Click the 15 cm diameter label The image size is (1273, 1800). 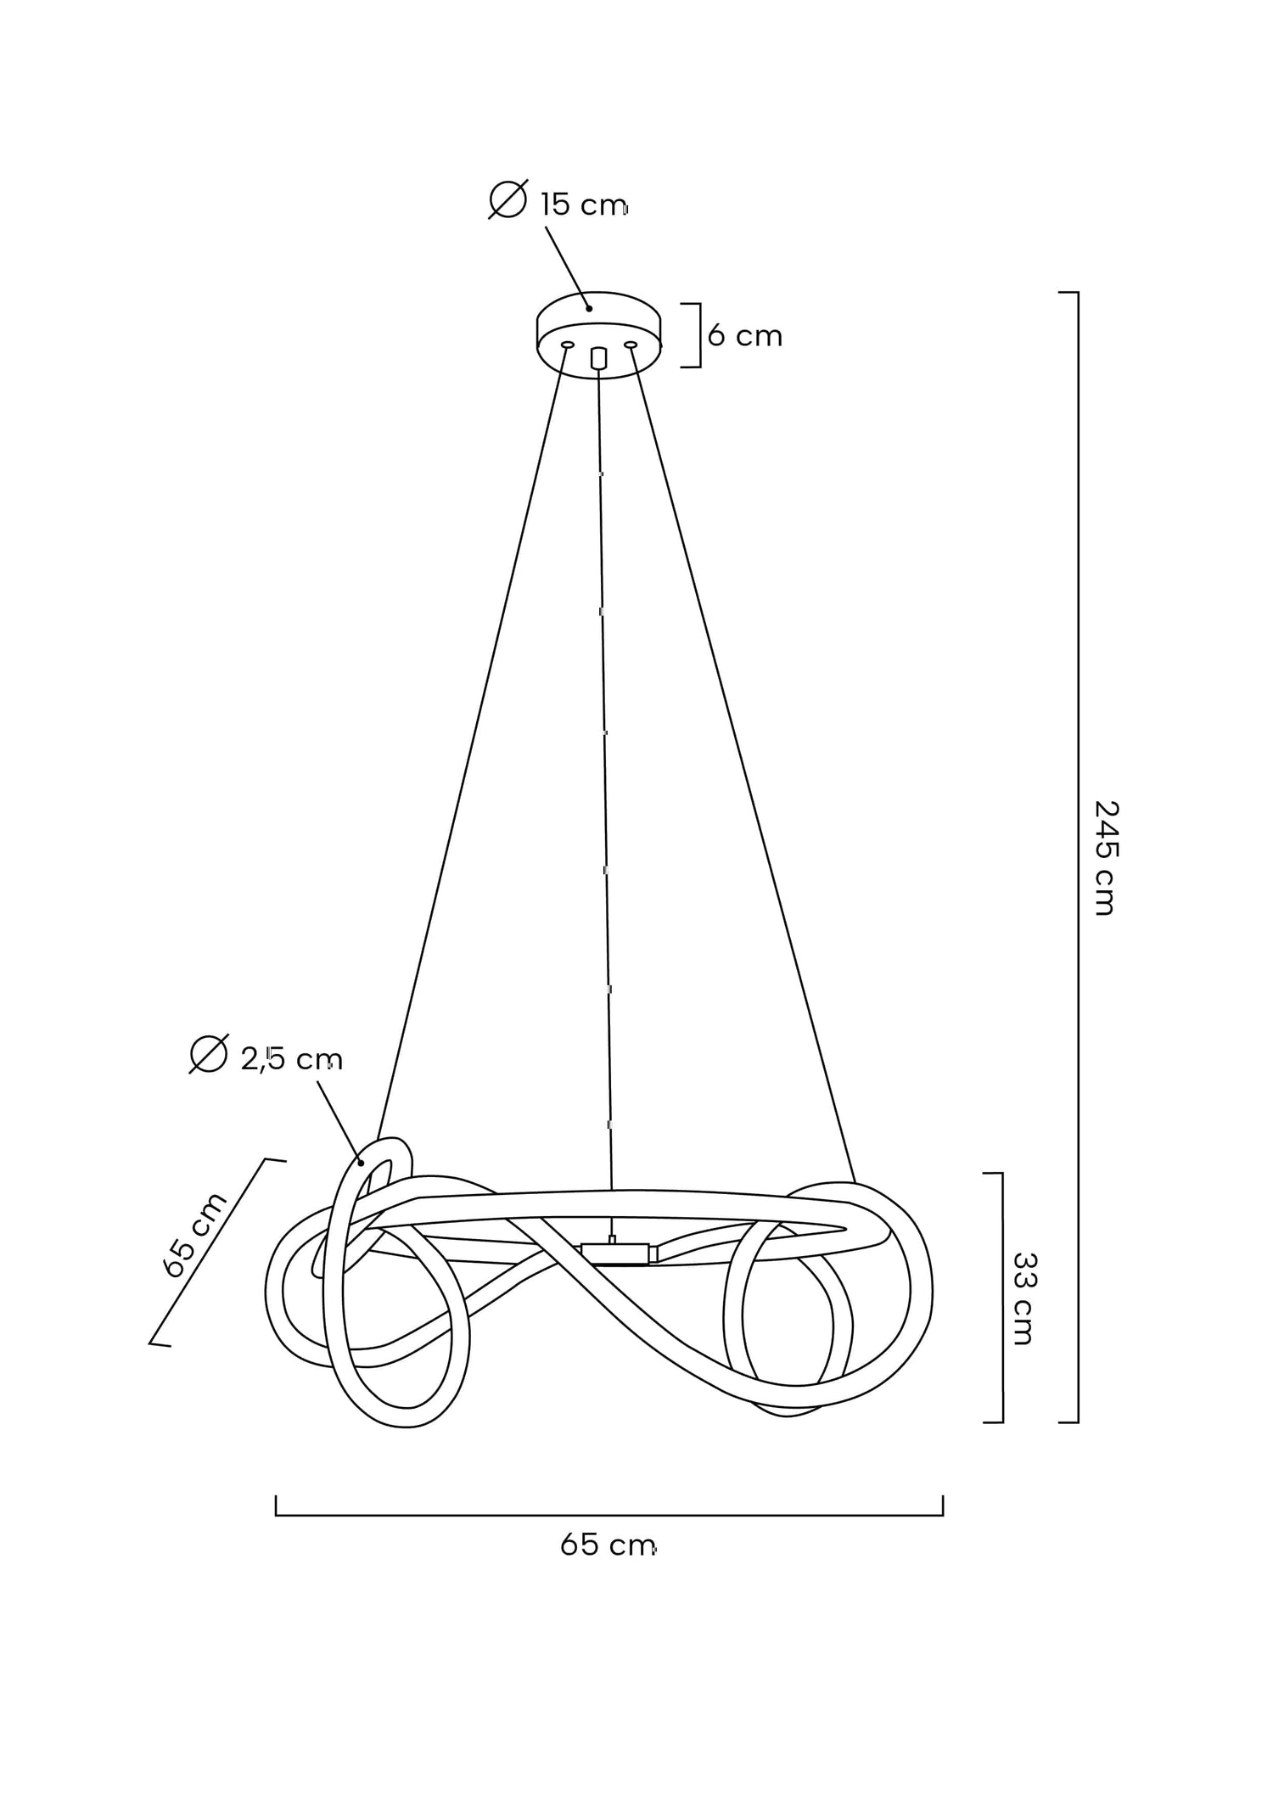584,205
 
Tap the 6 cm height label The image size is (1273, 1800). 744,336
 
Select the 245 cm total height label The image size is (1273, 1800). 1105,857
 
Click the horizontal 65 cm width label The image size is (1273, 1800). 608,1545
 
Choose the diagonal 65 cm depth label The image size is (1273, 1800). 194,1234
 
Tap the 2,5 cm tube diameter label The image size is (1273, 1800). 291,1059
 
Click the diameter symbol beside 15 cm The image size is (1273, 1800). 508,199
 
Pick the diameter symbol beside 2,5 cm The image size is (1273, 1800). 209,1054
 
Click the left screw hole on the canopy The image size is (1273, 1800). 568,345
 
